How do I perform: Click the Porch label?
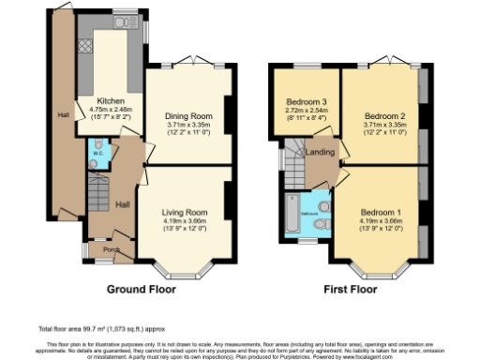(x=110, y=249)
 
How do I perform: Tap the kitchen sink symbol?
(x=123, y=22)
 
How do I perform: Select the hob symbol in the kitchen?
(x=84, y=42)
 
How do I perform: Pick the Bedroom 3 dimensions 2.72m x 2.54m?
(x=305, y=111)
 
